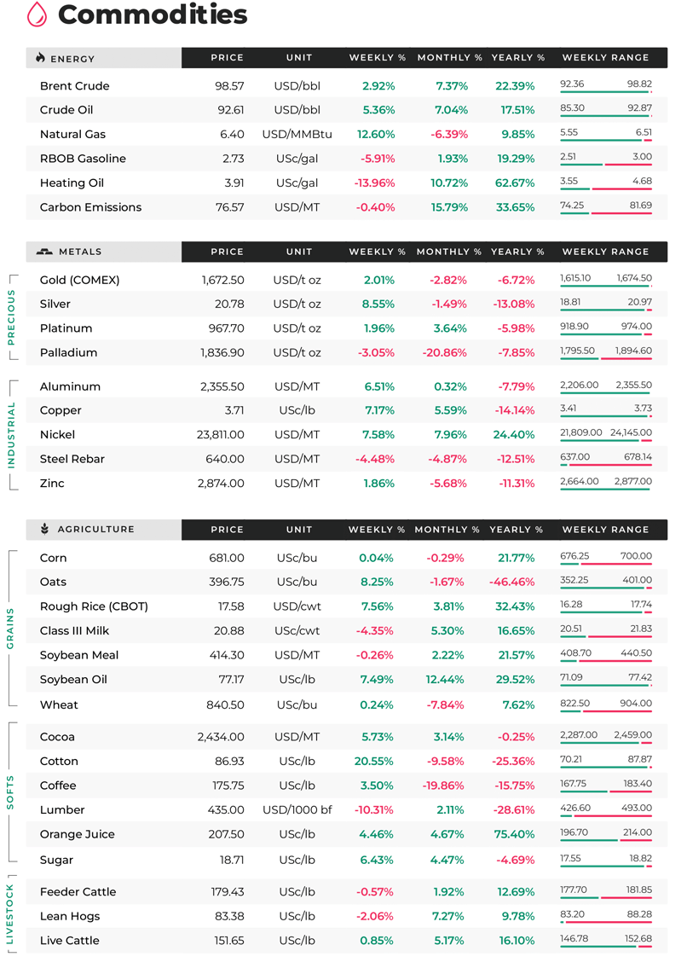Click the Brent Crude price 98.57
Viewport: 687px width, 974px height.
[x=229, y=86]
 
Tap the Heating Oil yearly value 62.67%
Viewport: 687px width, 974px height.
[x=515, y=183]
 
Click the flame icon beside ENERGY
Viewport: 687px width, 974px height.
[x=40, y=58]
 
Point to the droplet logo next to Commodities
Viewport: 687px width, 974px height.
[x=38, y=14]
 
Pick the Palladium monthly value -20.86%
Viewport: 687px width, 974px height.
[x=444, y=352]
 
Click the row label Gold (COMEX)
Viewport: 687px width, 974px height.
[x=79, y=280]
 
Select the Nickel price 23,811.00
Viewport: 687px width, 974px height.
[x=220, y=435]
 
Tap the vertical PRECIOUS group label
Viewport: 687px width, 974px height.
[x=10, y=316]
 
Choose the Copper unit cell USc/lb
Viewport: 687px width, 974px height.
[x=297, y=410]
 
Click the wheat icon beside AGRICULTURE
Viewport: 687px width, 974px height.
[x=44, y=529]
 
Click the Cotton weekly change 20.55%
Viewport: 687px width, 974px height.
[x=373, y=761]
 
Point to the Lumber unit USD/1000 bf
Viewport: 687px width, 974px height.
[x=297, y=810]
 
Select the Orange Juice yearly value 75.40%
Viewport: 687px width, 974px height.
[x=515, y=834]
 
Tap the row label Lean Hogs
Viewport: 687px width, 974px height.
[x=70, y=916]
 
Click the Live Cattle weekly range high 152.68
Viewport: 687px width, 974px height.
[x=638, y=938]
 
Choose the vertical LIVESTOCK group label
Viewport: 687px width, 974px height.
[x=10, y=913]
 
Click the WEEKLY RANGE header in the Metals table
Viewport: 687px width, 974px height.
[x=606, y=252]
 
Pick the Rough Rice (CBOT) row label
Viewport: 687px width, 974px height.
[x=94, y=606]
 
